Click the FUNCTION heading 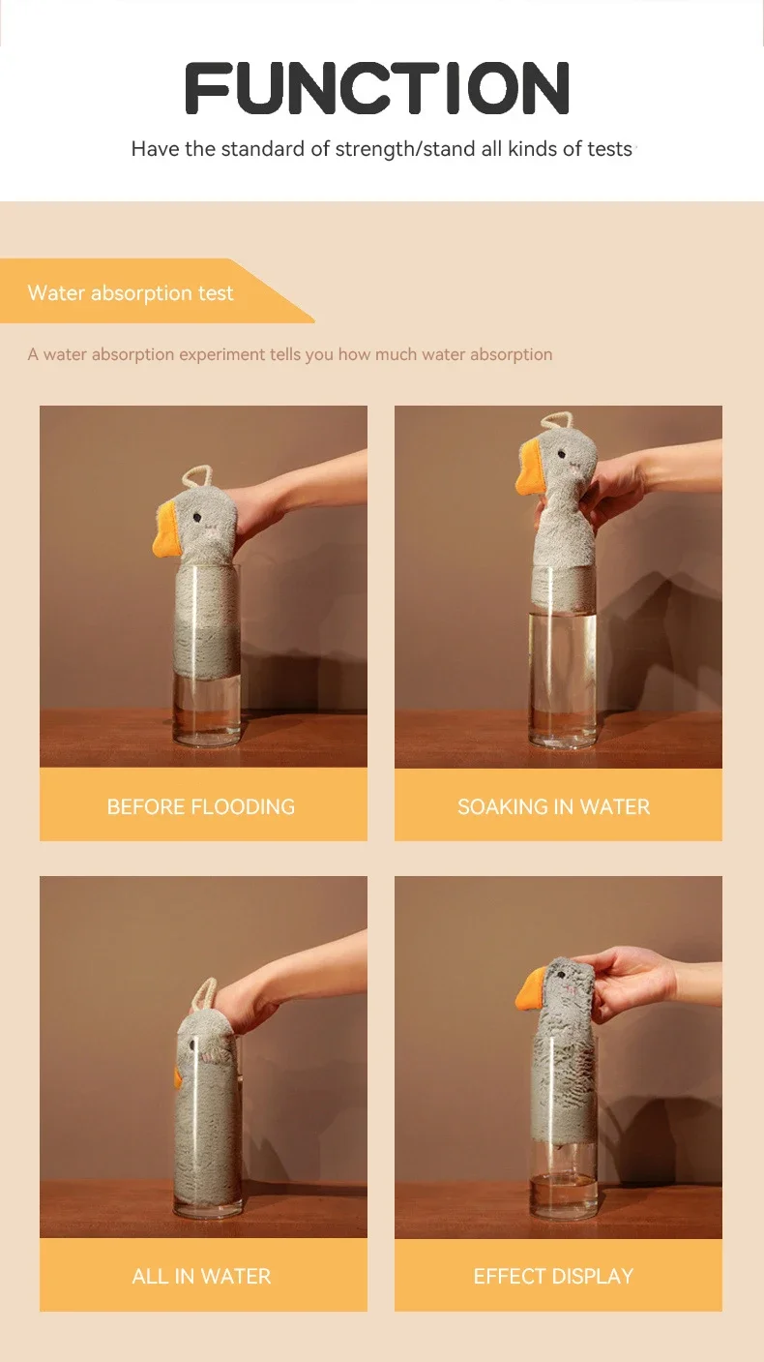pyautogui.click(x=377, y=89)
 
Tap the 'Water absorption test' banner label pyautogui.click(x=131, y=293)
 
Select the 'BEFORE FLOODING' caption pyautogui.click(x=201, y=806)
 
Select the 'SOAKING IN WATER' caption pyautogui.click(x=553, y=806)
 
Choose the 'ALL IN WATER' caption pyautogui.click(x=201, y=1276)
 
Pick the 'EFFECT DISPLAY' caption pyautogui.click(x=553, y=1276)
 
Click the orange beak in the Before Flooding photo pyautogui.click(x=168, y=535)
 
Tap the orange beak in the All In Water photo pyautogui.click(x=178, y=1076)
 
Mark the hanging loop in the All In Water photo pyautogui.click(x=206, y=992)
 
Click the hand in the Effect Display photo pyautogui.click(x=633, y=981)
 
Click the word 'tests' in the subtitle pyautogui.click(x=609, y=149)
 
